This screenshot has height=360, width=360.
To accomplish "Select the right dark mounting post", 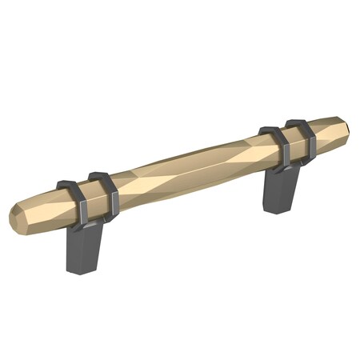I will tap(282, 192).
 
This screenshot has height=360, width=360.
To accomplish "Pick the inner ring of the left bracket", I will tap(105, 192).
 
